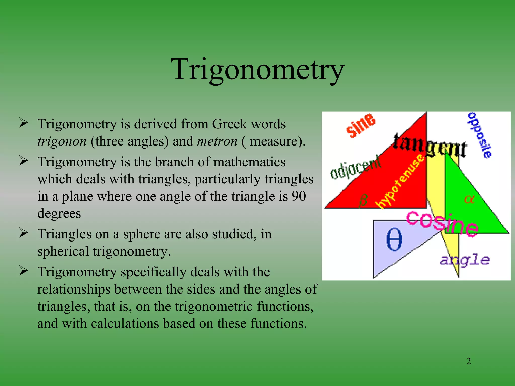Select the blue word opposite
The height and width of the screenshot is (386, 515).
coord(480,135)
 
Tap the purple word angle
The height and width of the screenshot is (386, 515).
coord(465,260)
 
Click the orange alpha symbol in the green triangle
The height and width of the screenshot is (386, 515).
coord(469,199)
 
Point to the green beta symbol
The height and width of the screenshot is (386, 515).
coord(363,200)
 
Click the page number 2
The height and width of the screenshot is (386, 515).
coord(468,361)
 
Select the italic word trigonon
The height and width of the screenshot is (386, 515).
coord(62,141)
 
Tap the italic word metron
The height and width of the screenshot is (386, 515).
coord(217,141)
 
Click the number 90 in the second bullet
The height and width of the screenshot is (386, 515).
coord(298,196)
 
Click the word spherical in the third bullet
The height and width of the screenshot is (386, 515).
coord(63,251)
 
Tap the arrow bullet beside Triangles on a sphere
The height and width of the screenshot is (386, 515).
coord(23,233)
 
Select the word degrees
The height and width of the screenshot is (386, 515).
coord(59,214)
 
